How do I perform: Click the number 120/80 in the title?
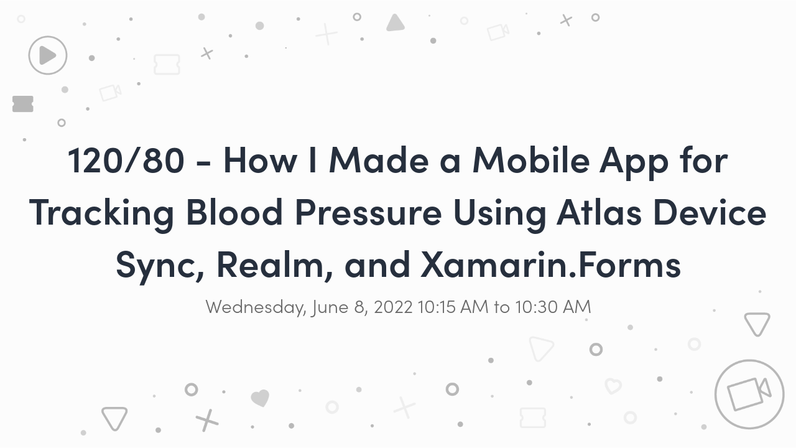(126, 161)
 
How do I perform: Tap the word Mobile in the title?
(531, 160)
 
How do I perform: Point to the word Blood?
(234, 212)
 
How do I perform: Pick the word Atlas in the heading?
(599, 212)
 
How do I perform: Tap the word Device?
(710, 212)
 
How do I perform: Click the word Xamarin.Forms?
(550, 264)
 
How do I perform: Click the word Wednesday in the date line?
(256, 307)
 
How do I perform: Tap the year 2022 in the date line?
(393, 307)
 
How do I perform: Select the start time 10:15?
(436, 307)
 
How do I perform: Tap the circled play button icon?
(48, 55)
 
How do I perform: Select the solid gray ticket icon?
(23, 104)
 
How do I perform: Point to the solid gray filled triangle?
(395, 23)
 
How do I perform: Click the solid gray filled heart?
(260, 398)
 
